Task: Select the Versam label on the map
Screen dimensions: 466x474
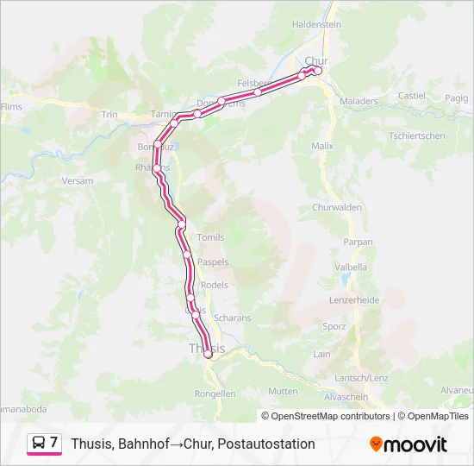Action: (78, 181)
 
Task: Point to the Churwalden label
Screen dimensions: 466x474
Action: (335, 207)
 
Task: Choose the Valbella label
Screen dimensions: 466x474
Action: (350, 268)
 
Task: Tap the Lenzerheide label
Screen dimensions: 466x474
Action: (354, 300)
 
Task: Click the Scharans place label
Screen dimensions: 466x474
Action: (232, 318)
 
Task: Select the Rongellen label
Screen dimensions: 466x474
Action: (215, 394)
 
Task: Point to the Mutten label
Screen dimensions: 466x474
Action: (284, 391)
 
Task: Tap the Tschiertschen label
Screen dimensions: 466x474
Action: (416, 136)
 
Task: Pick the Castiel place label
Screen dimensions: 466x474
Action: (412, 96)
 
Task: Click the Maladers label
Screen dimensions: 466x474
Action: (359, 101)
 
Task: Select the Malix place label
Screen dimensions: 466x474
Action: (322, 147)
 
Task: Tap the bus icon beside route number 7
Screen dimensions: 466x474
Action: (38, 443)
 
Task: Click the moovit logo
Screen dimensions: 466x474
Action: (409, 444)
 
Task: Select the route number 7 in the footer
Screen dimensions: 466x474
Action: (54, 443)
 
